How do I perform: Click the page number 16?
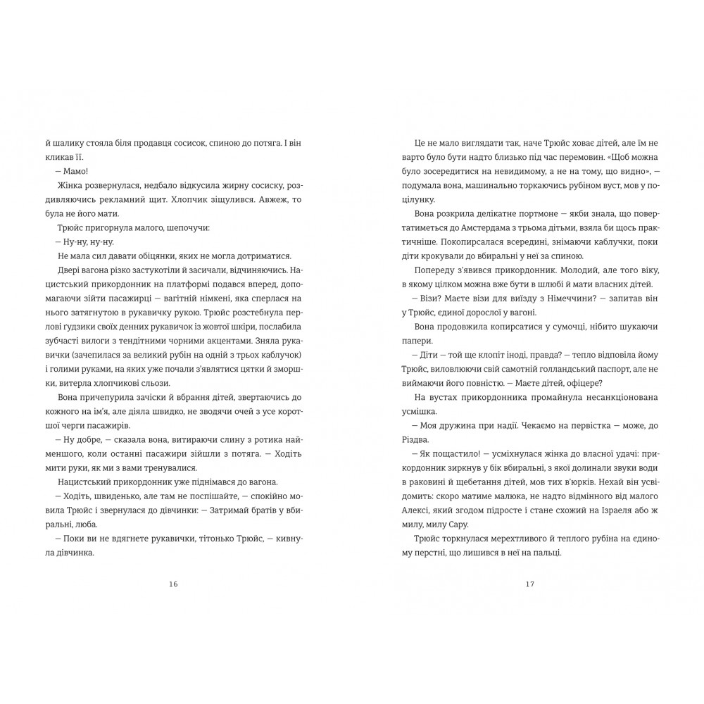174,584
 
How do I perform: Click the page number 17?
532,584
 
